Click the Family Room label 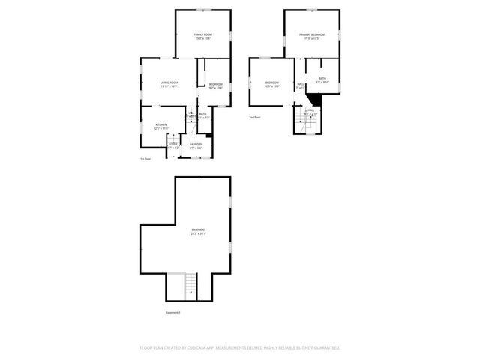tap(202, 35)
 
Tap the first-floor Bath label tap(202, 114)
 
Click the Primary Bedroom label tap(312, 35)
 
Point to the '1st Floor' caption tap(145, 159)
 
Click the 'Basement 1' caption tap(173, 312)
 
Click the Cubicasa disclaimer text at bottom tap(240, 347)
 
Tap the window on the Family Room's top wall tap(203, 10)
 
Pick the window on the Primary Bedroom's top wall tap(312, 10)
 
